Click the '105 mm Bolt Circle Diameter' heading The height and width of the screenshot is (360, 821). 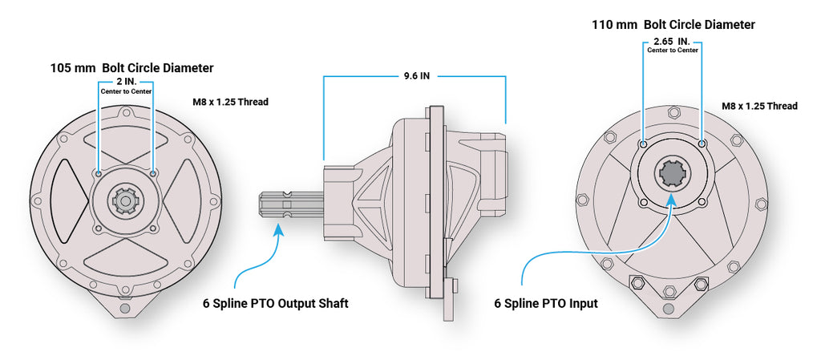pyautogui.click(x=132, y=68)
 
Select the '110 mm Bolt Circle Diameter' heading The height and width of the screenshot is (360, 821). pyautogui.click(x=673, y=25)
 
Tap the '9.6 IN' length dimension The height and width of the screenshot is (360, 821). pyautogui.click(x=417, y=77)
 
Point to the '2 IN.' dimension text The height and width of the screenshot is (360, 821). pyautogui.click(x=125, y=82)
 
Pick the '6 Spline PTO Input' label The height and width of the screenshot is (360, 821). pyautogui.click(x=546, y=304)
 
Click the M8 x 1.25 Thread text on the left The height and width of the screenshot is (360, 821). pyautogui.click(x=230, y=102)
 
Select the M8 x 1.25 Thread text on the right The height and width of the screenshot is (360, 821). pyautogui.click(x=759, y=106)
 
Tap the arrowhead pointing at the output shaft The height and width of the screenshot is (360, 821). pyautogui.click(x=279, y=230)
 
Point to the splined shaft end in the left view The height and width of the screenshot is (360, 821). pyautogui.click(x=125, y=200)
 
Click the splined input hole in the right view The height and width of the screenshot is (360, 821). pyautogui.click(x=672, y=173)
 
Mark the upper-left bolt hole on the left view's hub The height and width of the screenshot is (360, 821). pyautogui.click(x=98, y=172)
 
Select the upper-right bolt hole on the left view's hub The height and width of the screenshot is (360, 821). pyautogui.click(x=153, y=172)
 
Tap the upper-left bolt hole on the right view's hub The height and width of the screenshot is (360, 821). pyautogui.click(x=644, y=144)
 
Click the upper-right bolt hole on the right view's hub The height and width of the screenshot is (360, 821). pyautogui.click(x=702, y=144)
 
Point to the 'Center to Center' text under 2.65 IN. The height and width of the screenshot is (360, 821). pyautogui.click(x=673, y=51)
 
